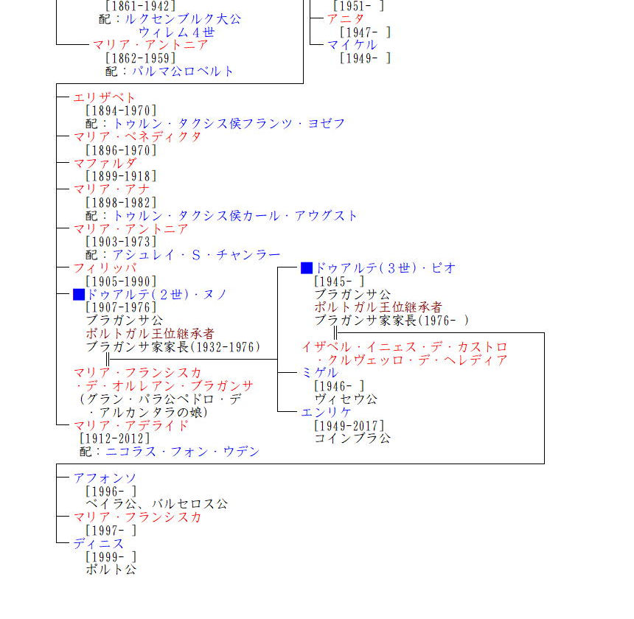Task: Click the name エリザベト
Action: pos(105,97)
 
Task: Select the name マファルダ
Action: pos(105,163)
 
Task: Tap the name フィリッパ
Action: pos(105,268)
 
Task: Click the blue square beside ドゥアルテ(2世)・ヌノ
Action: pos(79,295)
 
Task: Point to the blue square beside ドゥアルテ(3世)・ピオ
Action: pos(307,268)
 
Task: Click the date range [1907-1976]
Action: pos(121,308)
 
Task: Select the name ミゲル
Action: pos(319,373)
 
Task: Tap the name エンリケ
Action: pos(326,413)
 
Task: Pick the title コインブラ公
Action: pos(352,439)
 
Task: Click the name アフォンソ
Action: pos(105,478)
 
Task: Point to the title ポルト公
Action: pos(111,570)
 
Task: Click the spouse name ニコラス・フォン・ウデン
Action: pos(183,452)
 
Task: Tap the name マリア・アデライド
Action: pos(130,426)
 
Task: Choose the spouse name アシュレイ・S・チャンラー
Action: pos(196,255)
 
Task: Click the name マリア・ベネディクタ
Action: pos(137,137)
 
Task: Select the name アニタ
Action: pos(346,18)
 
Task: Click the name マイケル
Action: pos(352,45)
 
